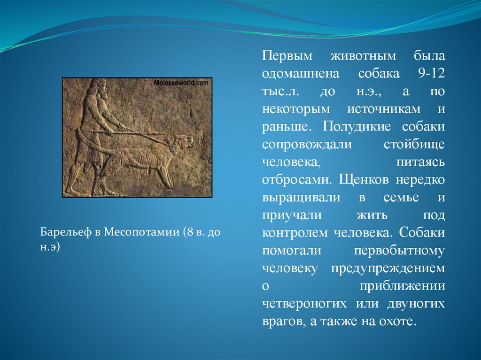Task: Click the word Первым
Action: click(x=287, y=56)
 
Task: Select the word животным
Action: click(x=363, y=56)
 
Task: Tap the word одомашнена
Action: click(x=301, y=74)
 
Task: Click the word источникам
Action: click(x=384, y=109)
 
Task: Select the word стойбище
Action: click(x=414, y=145)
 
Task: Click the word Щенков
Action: click(x=365, y=180)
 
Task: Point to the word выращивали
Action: click(x=301, y=198)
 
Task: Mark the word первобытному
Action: click(x=399, y=251)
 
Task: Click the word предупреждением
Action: click(x=388, y=268)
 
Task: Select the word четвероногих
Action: click(x=304, y=304)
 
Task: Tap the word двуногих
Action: click(x=416, y=304)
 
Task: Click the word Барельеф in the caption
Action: click(x=66, y=232)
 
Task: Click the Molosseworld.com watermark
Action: click(x=181, y=83)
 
